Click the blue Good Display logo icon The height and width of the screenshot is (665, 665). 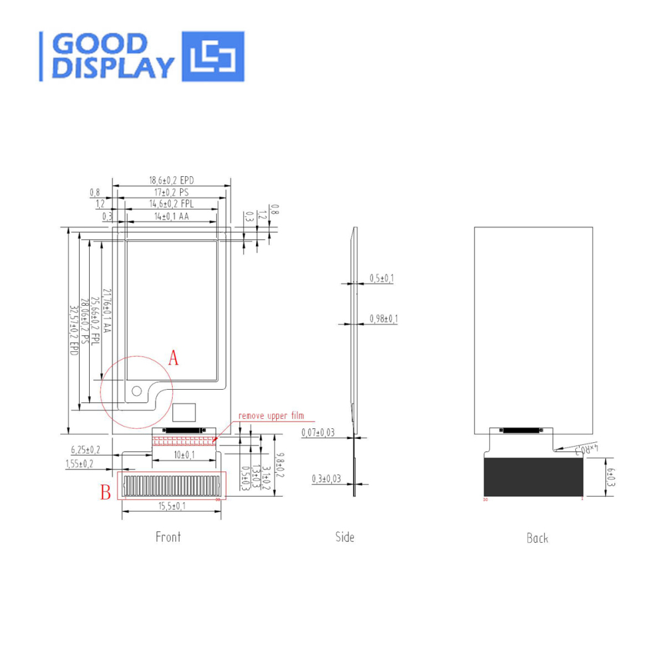pos(213,57)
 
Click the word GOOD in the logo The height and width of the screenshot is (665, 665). pos(100,44)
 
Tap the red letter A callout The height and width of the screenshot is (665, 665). pos(174,358)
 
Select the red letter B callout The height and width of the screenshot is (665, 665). pos(105,493)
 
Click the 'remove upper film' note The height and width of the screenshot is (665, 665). pos(271,416)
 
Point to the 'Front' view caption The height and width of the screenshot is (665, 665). pos(168,537)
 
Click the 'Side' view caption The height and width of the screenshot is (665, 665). pos(344,537)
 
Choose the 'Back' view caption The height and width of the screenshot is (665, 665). pos(537,538)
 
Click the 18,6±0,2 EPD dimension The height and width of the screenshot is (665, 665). pos(171,180)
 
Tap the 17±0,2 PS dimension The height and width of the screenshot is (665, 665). pos(171,192)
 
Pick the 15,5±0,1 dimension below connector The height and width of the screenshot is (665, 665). pos(171,507)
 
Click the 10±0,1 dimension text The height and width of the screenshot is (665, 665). pos(184,455)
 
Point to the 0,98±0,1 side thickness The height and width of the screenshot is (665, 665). pos(383,319)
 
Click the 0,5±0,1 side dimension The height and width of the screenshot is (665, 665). pos(381,278)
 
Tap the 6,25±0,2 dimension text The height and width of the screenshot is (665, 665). pos(86,450)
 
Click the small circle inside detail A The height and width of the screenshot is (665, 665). pos(137,390)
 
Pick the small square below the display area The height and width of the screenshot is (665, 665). pos(185,411)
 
